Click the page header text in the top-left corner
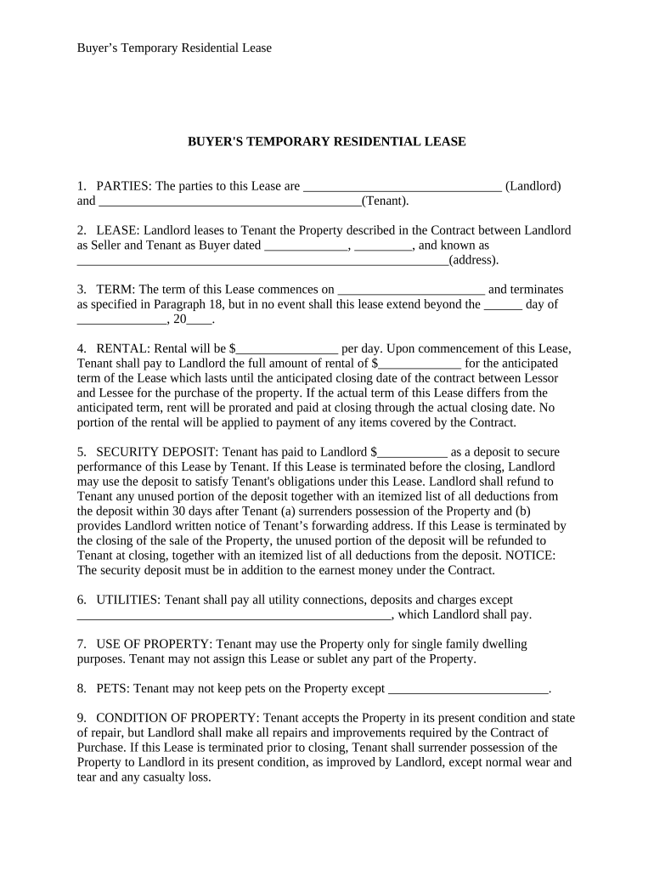tap(174, 48)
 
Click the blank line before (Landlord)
tap(402, 187)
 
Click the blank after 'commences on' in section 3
tap(410, 290)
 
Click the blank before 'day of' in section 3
tap(503, 305)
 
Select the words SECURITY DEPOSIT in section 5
tap(145, 453)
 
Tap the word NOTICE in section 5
tap(528, 556)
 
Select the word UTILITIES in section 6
tap(127, 600)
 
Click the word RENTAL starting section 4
tap(123, 349)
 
